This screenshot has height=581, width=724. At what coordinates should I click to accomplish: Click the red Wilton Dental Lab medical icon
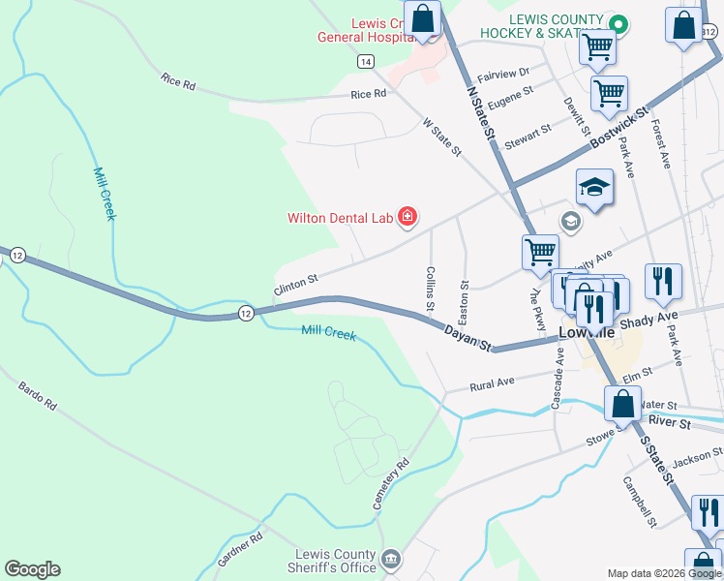407,217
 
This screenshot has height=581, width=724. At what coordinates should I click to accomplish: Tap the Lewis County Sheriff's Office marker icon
391,559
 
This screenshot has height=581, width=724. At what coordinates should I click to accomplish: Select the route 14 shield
365,61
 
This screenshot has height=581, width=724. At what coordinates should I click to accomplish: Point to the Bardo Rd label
37,395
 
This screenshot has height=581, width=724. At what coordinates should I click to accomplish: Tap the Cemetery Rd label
391,485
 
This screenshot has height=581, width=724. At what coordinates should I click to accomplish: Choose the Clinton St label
295,284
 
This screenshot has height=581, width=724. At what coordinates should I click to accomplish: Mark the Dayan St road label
468,338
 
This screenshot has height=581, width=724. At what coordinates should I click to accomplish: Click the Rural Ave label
492,383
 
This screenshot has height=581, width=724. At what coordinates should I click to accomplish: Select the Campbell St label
641,501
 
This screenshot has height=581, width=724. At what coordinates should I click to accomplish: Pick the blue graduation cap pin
595,187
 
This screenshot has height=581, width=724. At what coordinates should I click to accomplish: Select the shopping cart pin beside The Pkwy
539,252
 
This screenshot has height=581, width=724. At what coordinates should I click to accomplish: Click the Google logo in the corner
32,569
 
